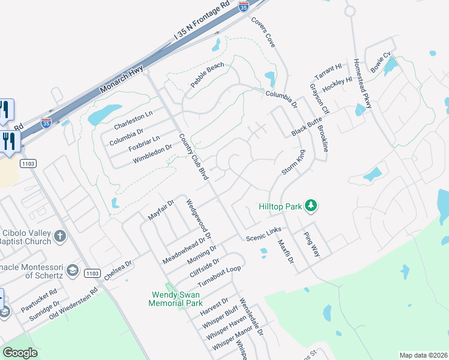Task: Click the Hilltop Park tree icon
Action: pos(310,206)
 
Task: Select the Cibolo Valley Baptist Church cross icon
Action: pos(59,236)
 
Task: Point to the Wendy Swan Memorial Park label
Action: pos(176,299)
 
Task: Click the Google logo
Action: pos(20,353)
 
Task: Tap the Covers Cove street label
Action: pos(263,33)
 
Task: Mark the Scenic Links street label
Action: pos(264,238)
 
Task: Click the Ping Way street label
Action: pos(312,245)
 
